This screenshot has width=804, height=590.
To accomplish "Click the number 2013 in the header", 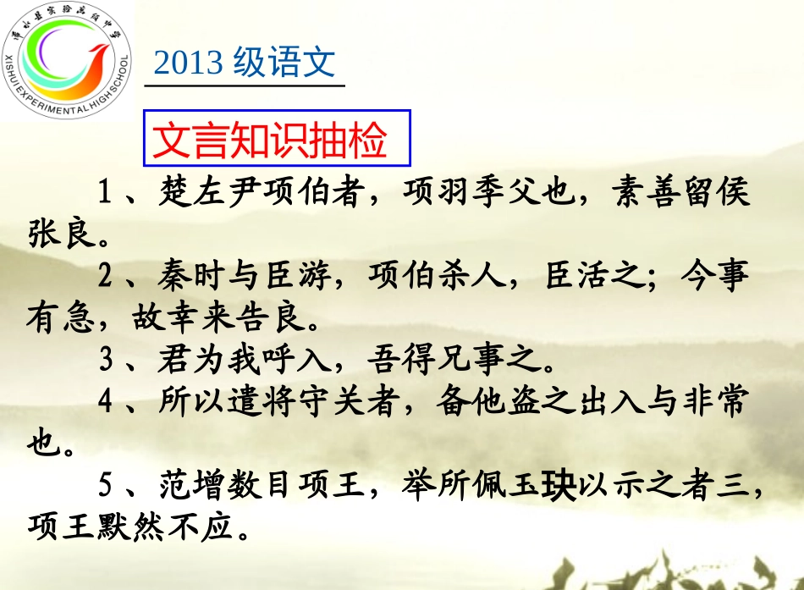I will click(x=189, y=63).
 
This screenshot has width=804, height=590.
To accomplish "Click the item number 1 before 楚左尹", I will click(x=106, y=193).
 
